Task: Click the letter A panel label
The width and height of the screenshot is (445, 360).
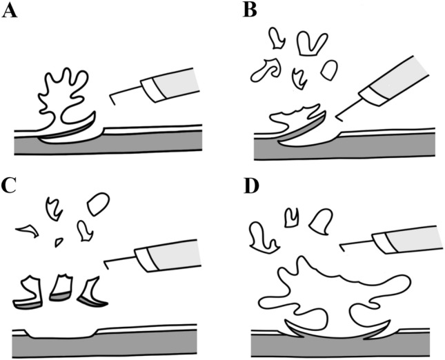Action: coord(10,11)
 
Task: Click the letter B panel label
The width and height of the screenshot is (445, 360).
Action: coord(250,11)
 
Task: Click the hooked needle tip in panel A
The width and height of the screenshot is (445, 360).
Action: coord(112,99)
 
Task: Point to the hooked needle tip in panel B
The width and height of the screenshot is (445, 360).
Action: coord(339,119)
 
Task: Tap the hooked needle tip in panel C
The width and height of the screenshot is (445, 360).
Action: coord(106,266)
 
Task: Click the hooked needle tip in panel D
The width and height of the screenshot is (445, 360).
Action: coord(342,248)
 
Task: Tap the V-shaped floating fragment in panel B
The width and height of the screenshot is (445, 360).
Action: coord(310,43)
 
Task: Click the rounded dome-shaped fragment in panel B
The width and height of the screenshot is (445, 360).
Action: coord(329,70)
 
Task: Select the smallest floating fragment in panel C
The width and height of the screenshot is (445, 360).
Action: coord(59,242)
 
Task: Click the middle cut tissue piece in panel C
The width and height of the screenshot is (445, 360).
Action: coord(60,288)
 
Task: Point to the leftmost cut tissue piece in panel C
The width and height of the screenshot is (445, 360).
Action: coord(28,292)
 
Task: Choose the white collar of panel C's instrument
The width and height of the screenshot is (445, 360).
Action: coord(146,259)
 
